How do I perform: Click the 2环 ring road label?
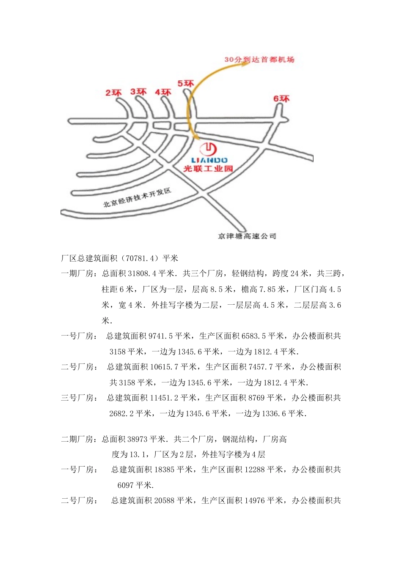[x=113, y=93]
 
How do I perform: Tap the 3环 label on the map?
[x=138, y=92]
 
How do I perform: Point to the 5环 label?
[x=185, y=84]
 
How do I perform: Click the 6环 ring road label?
[x=281, y=99]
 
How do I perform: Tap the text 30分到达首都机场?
[x=259, y=60]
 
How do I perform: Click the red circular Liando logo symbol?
[x=208, y=149]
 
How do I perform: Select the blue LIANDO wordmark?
[x=209, y=160]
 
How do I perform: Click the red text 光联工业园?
[x=208, y=169]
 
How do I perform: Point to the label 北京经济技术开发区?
[x=137, y=198]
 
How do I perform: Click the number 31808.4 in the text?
[x=142, y=274]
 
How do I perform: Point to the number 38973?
[x=136, y=440]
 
